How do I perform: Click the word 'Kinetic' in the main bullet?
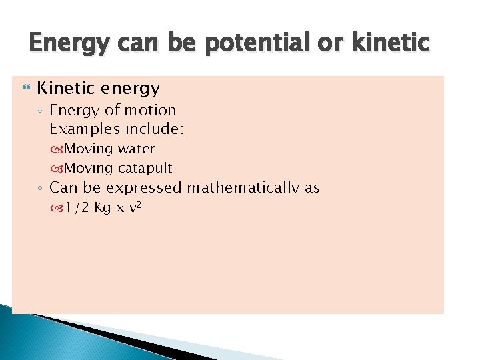[x=65, y=88]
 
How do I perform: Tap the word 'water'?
[x=136, y=148]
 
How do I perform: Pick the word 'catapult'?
[x=145, y=167]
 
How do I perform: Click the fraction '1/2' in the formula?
[x=77, y=208]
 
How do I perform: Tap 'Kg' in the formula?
[x=103, y=208]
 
